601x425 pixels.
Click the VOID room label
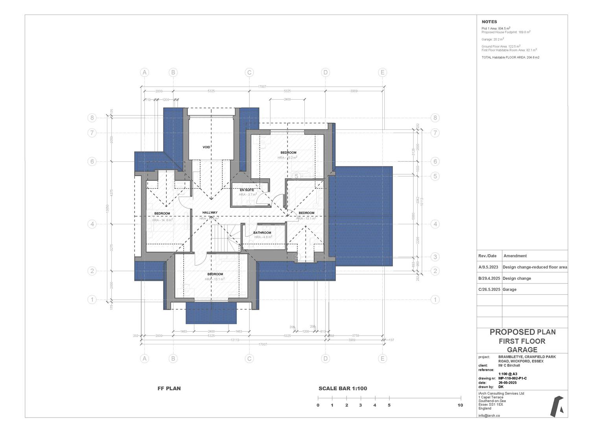click(206, 147)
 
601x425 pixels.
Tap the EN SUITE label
click(247, 190)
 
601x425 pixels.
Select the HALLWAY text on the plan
click(210, 213)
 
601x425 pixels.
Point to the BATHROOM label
click(262, 233)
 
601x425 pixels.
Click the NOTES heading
click(489, 22)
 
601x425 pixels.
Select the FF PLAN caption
click(169, 388)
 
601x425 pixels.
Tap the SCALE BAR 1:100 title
click(343, 388)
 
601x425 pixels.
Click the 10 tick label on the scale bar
click(460, 405)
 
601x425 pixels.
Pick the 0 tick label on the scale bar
click(318, 405)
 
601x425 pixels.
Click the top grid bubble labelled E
click(382, 72)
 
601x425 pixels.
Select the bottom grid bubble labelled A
click(145, 358)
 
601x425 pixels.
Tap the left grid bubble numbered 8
click(92, 118)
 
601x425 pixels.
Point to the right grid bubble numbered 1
click(435, 299)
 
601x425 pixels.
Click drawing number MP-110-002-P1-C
click(512, 378)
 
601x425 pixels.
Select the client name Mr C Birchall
click(509, 366)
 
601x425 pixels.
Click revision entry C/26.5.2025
click(489, 289)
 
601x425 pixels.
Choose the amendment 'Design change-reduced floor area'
click(535, 267)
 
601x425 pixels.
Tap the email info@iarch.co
click(489, 415)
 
